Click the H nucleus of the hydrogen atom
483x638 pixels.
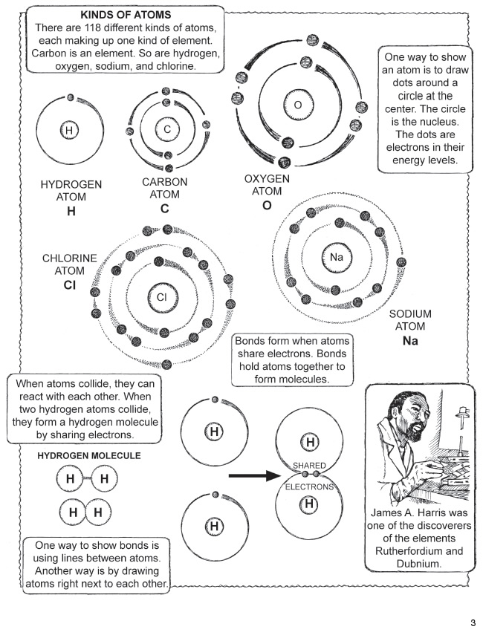[x=68, y=131]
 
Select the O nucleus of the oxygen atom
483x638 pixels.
[x=297, y=105]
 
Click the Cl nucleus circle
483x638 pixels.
[x=163, y=296]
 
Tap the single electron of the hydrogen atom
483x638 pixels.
[x=71, y=97]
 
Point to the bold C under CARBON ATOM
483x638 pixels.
[x=164, y=209]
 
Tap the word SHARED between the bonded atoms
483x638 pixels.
[x=309, y=465]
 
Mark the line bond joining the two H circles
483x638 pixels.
[x=86, y=478]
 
